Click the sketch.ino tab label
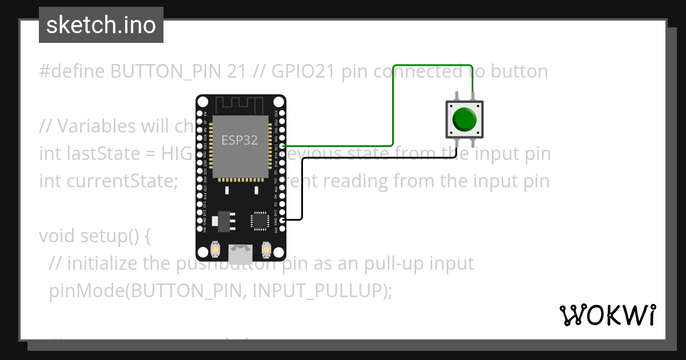click(101, 25)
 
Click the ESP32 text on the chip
click(240, 140)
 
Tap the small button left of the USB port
click(216, 249)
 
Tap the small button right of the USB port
click(265, 249)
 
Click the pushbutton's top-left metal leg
click(456, 95)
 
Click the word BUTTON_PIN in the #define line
click(178, 71)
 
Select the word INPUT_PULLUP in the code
click(320, 291)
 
